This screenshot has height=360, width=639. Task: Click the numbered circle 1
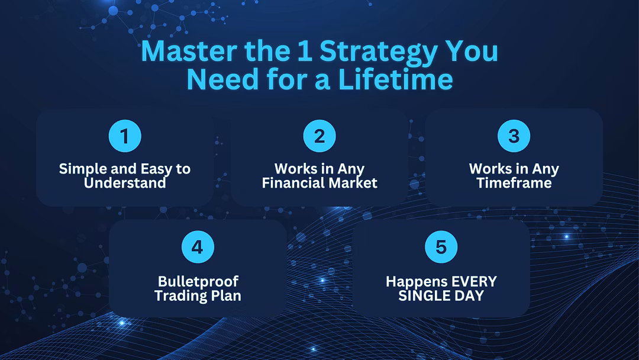125,136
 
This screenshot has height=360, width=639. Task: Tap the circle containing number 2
319,136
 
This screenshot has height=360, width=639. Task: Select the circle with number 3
514,136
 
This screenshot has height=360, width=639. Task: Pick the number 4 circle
198,247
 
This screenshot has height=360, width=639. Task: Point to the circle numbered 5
441,247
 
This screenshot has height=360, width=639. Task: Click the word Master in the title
189,51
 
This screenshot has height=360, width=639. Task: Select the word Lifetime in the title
395,79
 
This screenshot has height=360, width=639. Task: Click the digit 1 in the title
305,52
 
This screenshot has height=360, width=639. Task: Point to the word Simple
83,169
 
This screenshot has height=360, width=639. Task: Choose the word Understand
125,183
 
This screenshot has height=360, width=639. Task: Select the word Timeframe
514,183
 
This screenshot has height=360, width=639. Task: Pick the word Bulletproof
198,282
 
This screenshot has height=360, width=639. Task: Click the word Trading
177,295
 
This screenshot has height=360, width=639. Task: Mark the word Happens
412,282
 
